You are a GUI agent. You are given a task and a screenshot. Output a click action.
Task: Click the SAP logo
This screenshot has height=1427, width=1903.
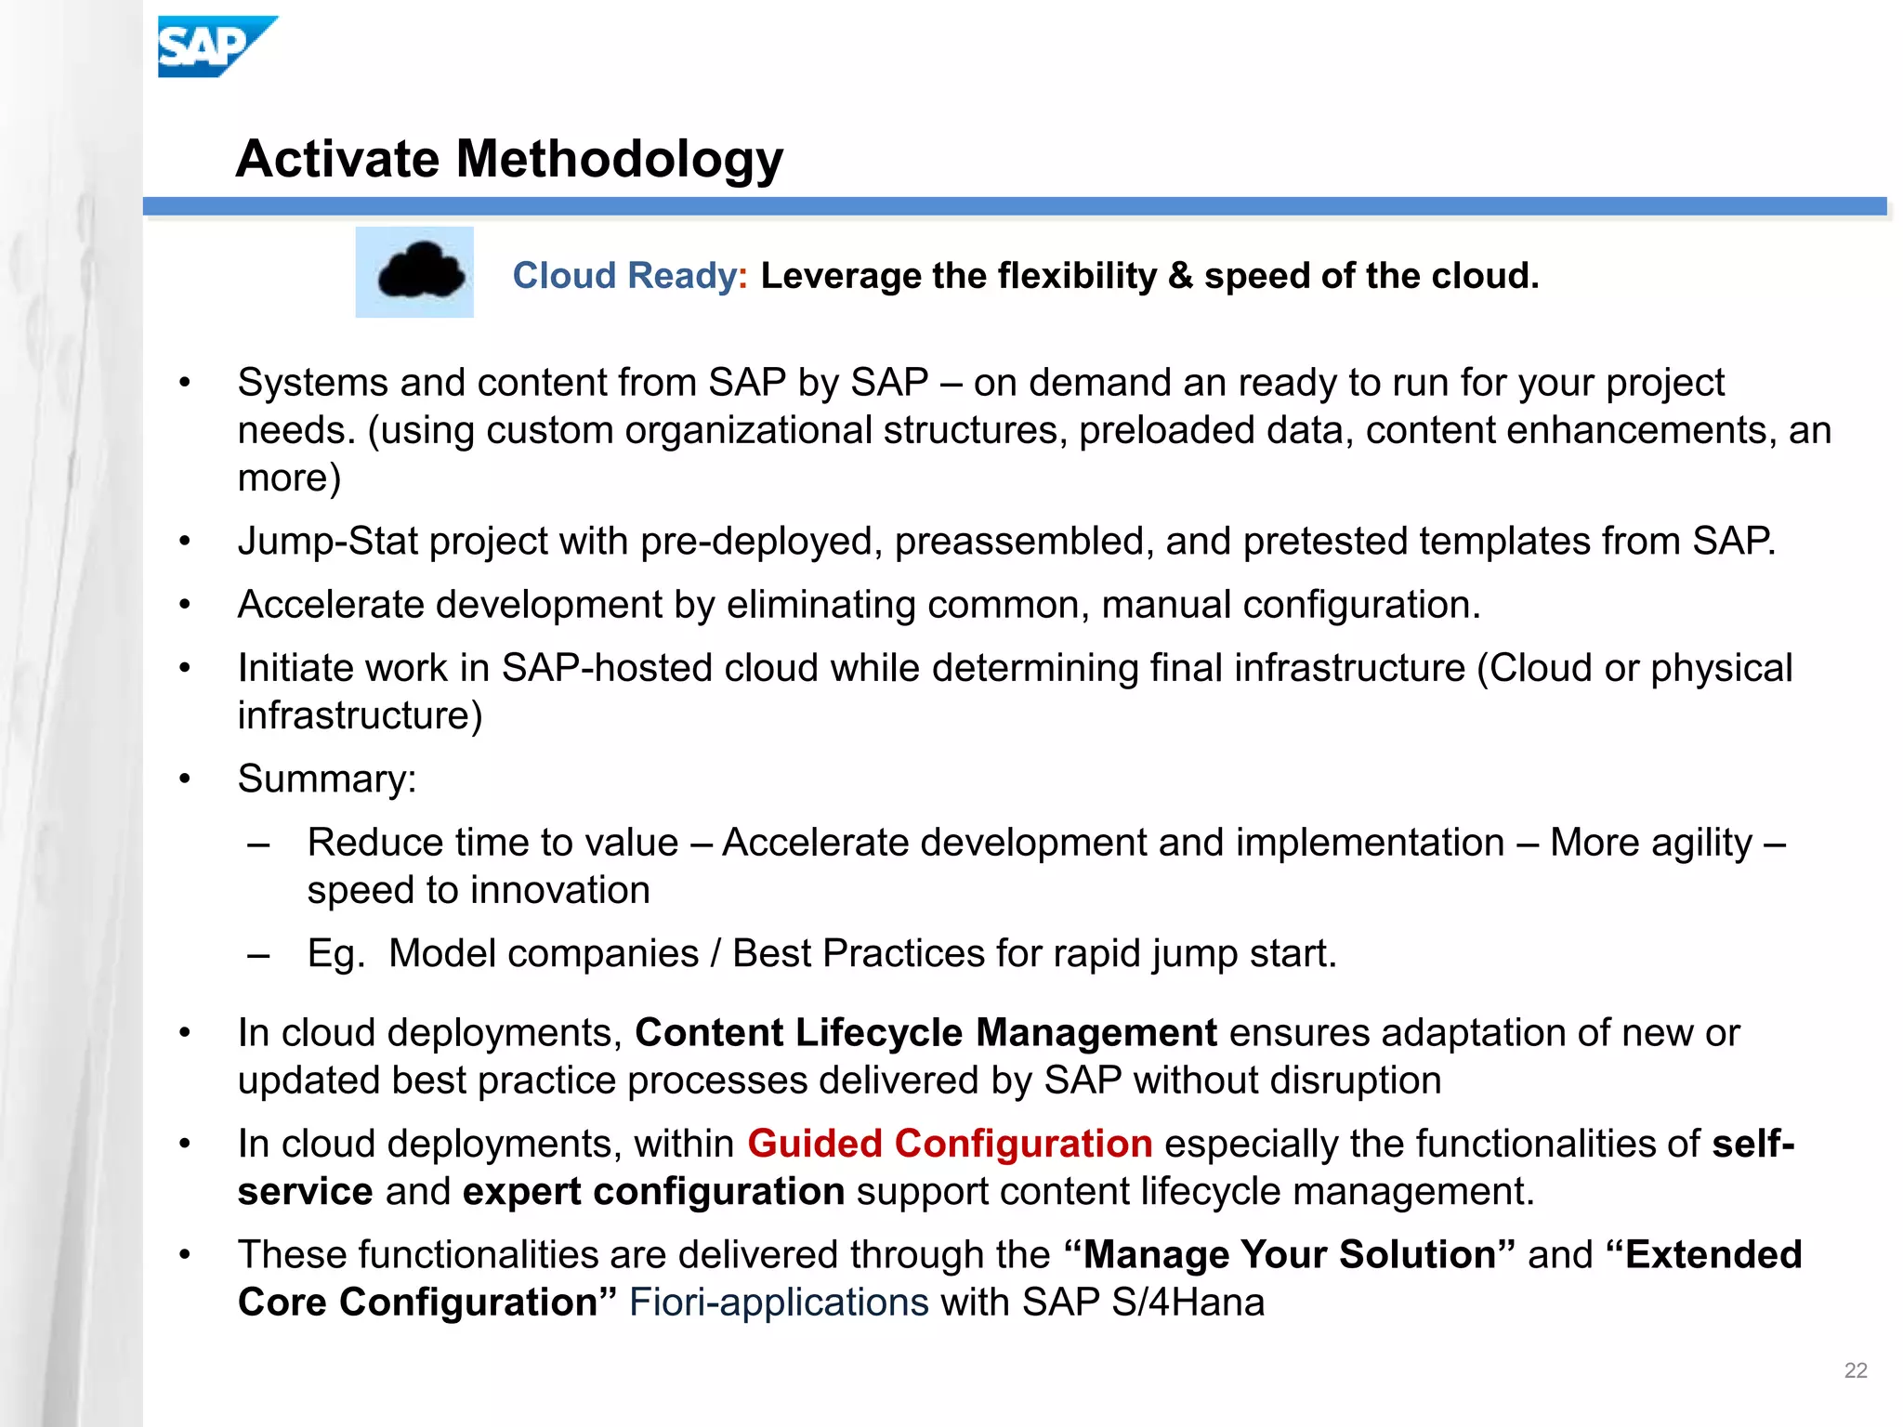(216, 46)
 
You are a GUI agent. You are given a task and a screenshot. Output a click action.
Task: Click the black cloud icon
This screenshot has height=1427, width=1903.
(420, 271)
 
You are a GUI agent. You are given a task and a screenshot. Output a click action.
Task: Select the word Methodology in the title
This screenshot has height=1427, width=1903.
(620, 159)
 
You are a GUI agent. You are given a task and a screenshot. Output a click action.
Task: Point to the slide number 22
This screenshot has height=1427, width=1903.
(1855, 1370)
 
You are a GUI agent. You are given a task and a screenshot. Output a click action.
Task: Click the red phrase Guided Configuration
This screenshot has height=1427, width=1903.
(950, 1144)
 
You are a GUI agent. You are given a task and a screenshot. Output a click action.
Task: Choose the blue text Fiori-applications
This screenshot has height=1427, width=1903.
(779, 1303)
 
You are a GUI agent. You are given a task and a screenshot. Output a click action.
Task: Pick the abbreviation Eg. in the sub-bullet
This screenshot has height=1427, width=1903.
(335, 954)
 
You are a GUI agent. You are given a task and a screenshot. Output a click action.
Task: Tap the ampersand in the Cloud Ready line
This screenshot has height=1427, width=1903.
(1179, 276)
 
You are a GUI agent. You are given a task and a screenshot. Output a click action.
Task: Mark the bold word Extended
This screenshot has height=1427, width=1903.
(1713, 1255)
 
